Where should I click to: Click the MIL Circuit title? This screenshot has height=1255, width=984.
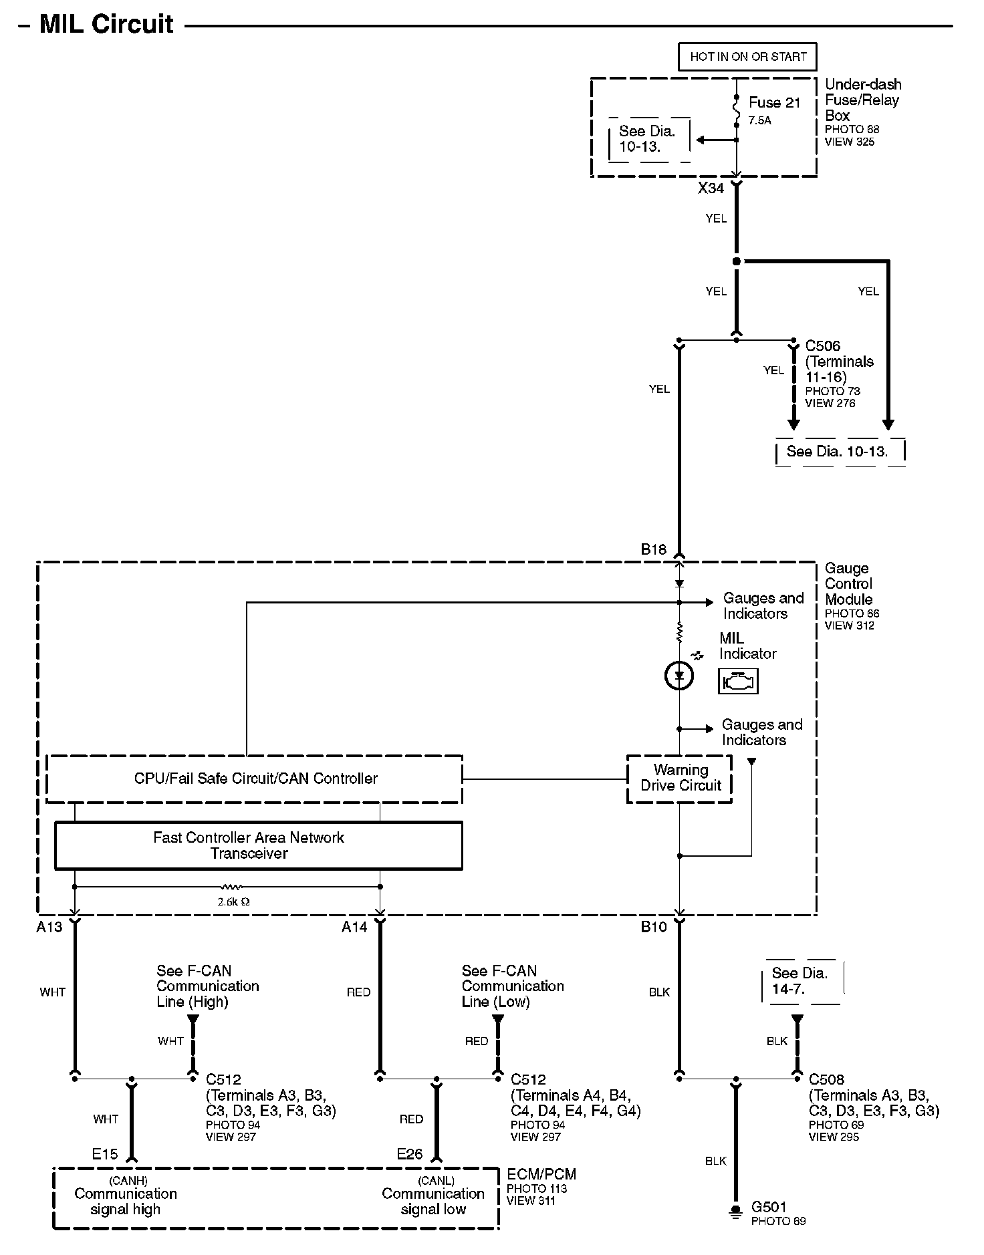106,24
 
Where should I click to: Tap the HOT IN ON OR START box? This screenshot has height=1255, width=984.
747,57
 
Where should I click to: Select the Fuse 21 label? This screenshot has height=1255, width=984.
774,103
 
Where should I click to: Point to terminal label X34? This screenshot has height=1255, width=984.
711,188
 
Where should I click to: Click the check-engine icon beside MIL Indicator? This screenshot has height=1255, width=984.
738,682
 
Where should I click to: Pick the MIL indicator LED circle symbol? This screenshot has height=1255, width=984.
679,676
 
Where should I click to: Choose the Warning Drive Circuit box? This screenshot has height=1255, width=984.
680,779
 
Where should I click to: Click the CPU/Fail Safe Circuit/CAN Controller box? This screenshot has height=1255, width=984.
255,779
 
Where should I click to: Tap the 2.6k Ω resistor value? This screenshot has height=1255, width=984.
233,901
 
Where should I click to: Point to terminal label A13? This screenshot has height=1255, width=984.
49,927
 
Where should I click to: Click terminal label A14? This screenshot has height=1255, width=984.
354,927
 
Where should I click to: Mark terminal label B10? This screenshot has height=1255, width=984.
654,927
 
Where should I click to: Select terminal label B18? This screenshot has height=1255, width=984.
654,549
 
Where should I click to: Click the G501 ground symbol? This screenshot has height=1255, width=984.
735,1211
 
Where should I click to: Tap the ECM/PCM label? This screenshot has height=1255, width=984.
541,1174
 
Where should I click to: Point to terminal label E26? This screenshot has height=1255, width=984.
410,1154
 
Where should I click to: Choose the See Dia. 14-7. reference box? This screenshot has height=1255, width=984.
801,981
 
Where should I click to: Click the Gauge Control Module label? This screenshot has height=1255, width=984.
848,583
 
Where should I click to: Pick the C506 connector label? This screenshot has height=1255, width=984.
822,345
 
